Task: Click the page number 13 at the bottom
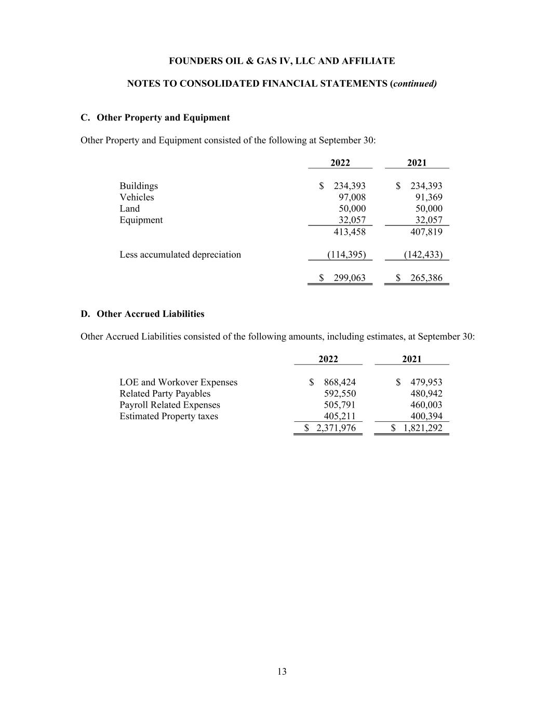coord(282,672)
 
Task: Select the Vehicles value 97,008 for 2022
coord(352,197)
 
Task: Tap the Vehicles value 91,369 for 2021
coord(429,197)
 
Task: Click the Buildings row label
coord(139,186)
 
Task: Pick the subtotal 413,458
coord(349,232)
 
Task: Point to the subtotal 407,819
coord(426,232)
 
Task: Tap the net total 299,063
coord(349,278)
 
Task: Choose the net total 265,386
coord(426,278)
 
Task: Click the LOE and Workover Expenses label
coord(178,382)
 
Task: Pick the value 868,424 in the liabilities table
coord(340,382)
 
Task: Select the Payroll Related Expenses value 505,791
coord(340,405)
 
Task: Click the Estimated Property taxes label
coord(169,417)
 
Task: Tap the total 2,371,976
coord(336,428)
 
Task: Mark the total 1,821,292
coord(422,428)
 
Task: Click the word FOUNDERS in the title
coord(193,61)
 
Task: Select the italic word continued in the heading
coord(415,84)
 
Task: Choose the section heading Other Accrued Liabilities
coord(151,314)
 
